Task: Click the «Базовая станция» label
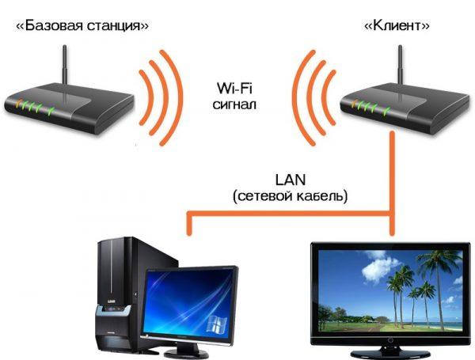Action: pyautogui.click(x=82, y=26)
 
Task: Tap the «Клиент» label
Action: pyautogui.click(x=397, y=26)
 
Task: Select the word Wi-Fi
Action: pyautogui.click(x=234, y=88)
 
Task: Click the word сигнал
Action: pyautogui.click(x=234, y=104)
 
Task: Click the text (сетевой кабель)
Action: pyautogui.click(x=290, y=196)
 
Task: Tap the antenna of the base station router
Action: pyautogui.click(x=65, y=65)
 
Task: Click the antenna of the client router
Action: pyautogui.click(x=401, y=65)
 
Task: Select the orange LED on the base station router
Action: pyautogui.click(x=19, y=103)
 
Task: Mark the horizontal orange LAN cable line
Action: pyautogui.click(x=291, y=214)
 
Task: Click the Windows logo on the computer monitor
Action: pyautogui.click(x=217, y=324)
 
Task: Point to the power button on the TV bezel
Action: pyautogui.click(x=391, y=340)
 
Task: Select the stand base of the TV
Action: pyautogui.click(x=390, y=354)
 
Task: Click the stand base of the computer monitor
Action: pyautogui.click(x=187, y=354)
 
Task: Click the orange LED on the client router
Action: pyautogui.click(x=355, y=103)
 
